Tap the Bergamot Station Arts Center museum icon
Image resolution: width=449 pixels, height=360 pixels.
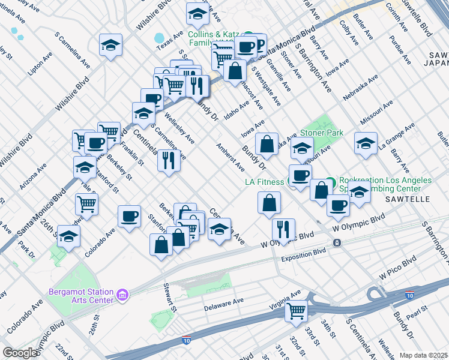click(122, 294)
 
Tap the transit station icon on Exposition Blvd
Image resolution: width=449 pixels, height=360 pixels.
click(337, 243)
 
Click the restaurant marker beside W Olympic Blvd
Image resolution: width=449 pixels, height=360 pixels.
click(283, 229)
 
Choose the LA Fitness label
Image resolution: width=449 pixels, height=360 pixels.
click(265, 181)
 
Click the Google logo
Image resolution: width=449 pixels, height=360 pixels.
click(20, 352)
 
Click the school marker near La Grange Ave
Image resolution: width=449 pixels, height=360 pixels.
click(366, 144)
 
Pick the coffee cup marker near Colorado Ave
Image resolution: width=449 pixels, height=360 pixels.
click(129, 216)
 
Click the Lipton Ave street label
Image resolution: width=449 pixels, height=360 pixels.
click(40, 64)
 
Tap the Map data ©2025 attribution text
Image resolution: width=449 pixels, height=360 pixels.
click(423, 355)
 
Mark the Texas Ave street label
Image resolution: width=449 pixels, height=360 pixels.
click(169, 40)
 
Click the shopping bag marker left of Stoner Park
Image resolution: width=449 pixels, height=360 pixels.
click(267, 144)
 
